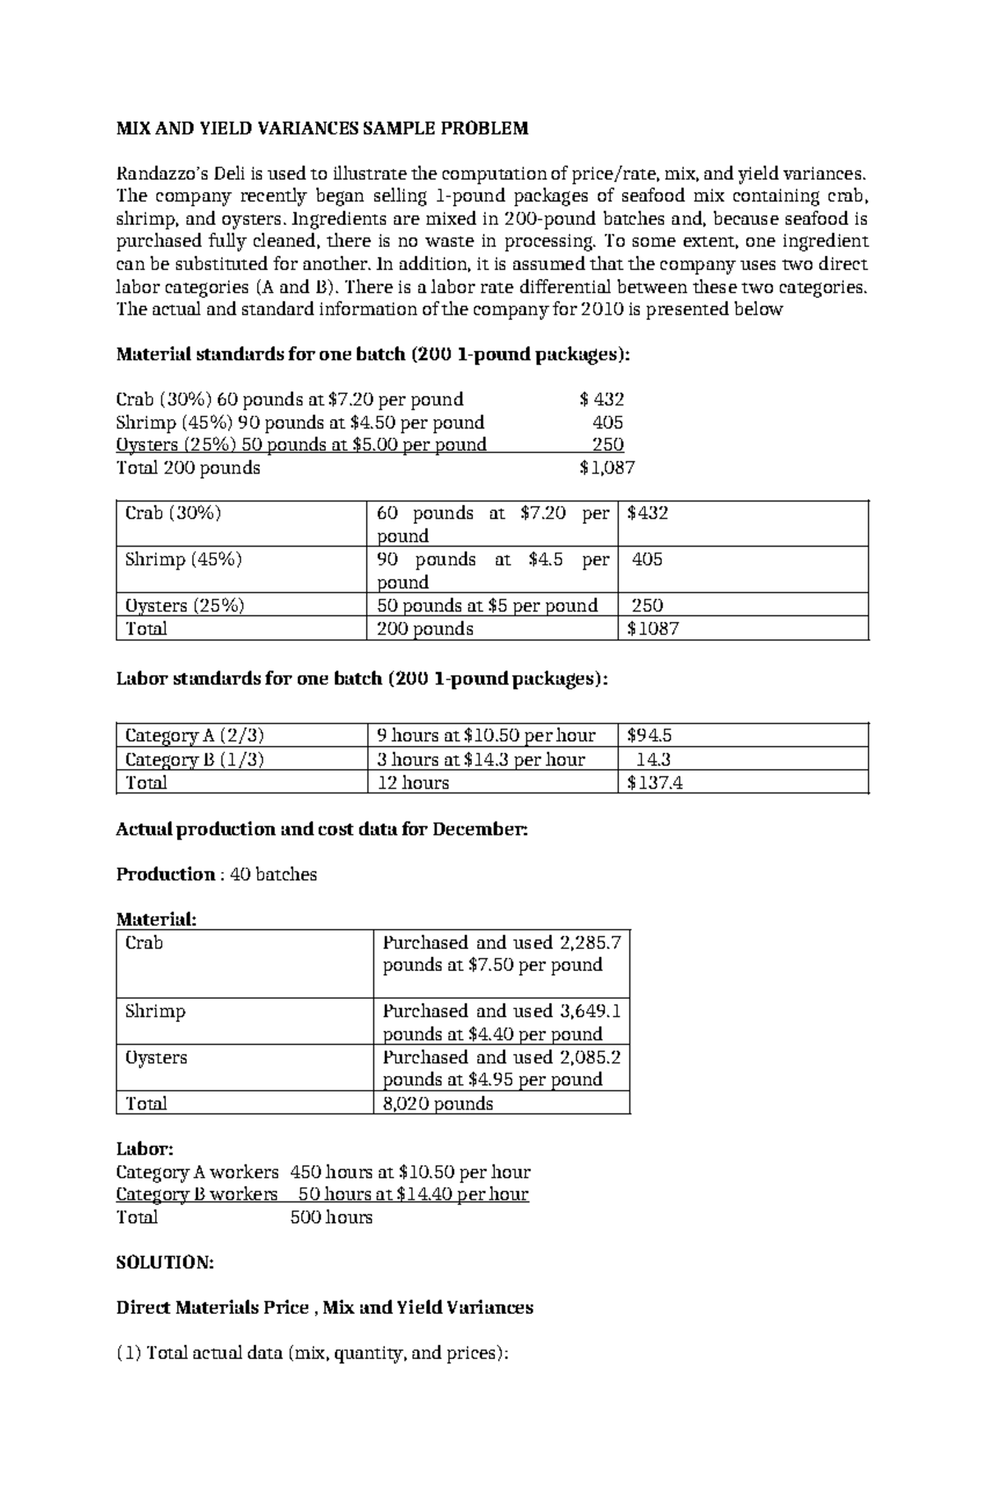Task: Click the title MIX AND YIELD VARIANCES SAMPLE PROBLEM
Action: click(x=322, y=128)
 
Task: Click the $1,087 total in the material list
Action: click(x=607, y=468)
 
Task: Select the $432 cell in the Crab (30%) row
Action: click(x=648, y=514)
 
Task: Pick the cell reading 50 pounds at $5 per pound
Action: click(x=487, y=606)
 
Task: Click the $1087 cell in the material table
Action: click(x=653, y=629)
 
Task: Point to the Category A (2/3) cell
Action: click(x=195, y=735)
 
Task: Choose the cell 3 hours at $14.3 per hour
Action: click(x=481, y=759)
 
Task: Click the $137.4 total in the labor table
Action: click(x=654, y=783)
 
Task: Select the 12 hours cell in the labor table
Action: click(x=413, y=783)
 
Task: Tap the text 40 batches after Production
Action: click(x=273, y=874)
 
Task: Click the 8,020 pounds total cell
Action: click(x=438, y=1103)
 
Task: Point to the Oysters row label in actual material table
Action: click(x=156, y=1057)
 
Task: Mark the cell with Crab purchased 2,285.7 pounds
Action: click(x=502, y=954)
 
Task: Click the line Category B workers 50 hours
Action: click(x=322, y=1194)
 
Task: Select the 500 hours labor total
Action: click(x=332, y=1217)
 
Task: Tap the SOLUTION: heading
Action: click(x=165, y=1262)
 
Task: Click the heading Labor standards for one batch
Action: click(x=362, y=679)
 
